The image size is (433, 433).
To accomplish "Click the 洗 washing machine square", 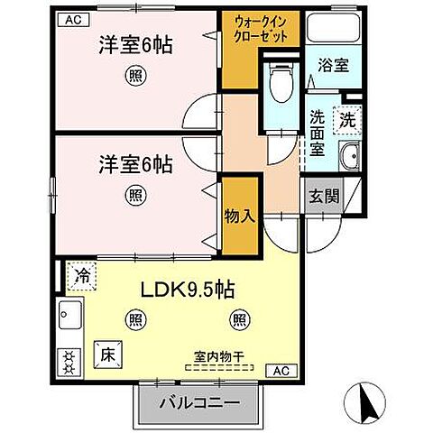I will [347, 118].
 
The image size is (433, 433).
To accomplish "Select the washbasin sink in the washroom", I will [349, 159].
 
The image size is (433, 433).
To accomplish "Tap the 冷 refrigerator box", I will [82, 275].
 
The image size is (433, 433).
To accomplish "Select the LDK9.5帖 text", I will [187, 291].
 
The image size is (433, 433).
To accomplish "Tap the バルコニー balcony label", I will [195, 404].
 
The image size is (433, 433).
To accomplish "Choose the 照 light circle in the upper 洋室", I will [134, 77].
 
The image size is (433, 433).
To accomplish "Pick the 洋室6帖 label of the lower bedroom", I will [134, 165].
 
